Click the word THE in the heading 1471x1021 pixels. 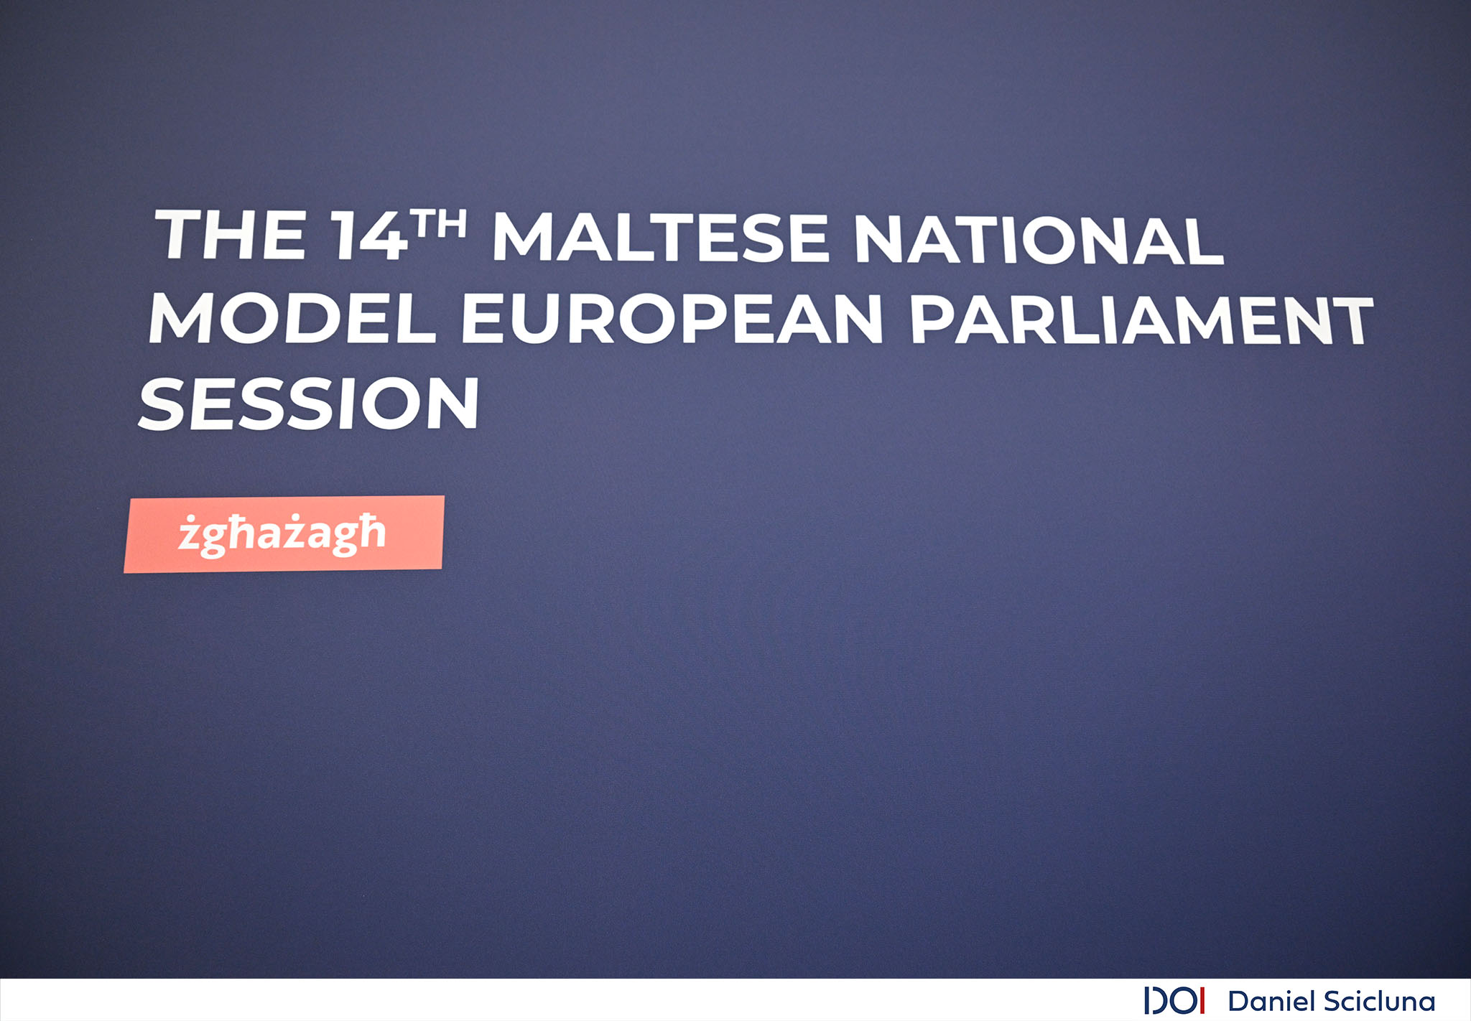pyautogui.click(x=230, y=234)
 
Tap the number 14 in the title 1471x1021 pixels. pyautogui.click(x=370, y=235)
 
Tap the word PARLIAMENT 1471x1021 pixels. pyautogui.click(x=1141, y=321)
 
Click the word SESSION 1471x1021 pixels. pyautogui.click(x=309, y=404)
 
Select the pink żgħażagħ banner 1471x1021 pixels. pyautogui.click(x=284, y=534)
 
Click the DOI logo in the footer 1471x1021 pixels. pyautogui.click(x=1174, y=1001)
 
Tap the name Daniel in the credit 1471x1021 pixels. pyautogui.click(x=1271, y=1001)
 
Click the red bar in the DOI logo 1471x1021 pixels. pyautogui.click(x=1202, y=1001)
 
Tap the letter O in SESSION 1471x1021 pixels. pyautogui.click(x=391, y=404)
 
